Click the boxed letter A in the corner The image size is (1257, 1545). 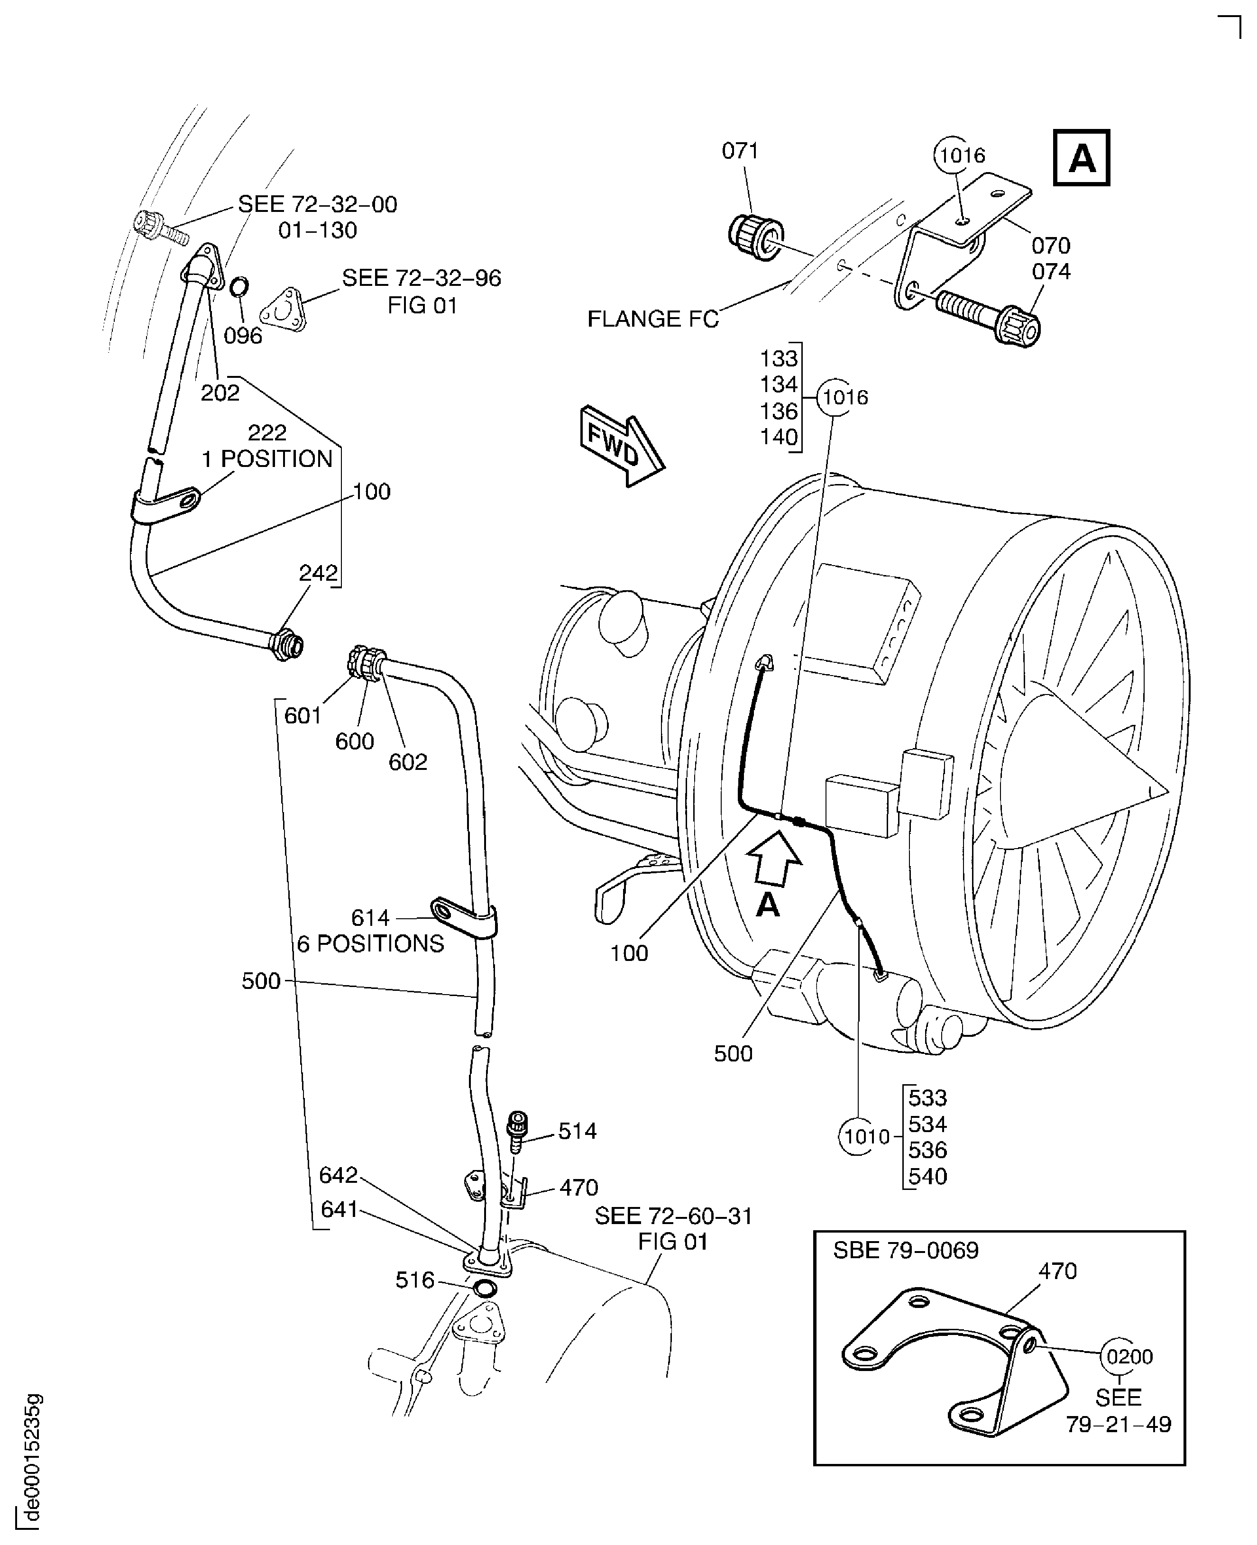1081,158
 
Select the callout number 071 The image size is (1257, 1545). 740,151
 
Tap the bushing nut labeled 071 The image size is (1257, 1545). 754,237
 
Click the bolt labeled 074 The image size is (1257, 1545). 991,314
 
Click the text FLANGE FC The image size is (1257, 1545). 652,319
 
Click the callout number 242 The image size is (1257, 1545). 319,574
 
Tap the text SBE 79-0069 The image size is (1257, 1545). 905,1250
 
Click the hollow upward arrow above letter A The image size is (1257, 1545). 774,859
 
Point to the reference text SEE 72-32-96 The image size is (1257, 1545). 422,278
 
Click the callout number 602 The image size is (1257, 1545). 408,762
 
